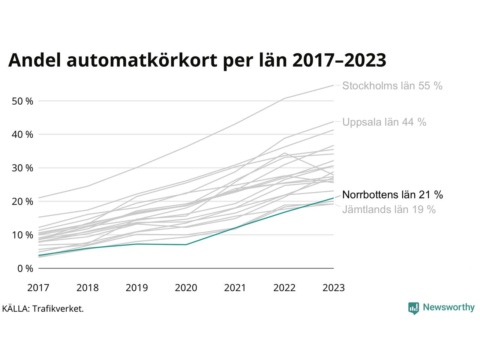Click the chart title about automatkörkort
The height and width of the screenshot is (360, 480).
coord(197,60)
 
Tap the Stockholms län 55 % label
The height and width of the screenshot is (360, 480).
coord(392,86)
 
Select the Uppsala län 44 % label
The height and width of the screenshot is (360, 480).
coord(384,122)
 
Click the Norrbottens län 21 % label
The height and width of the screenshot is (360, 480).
coord(392,195)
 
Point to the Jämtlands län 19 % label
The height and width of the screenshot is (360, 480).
coord(389,209)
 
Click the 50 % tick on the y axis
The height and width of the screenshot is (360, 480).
coord(22,101)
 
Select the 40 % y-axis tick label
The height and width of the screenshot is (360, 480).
coord(22,135)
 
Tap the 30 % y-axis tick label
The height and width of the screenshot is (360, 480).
coord(22,168)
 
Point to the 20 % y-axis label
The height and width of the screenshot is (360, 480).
coord(22,202)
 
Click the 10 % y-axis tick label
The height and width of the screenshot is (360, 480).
coord(22,235)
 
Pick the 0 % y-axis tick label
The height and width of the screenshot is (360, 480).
coord(25,269)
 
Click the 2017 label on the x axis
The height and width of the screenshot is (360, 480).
coord(38,288)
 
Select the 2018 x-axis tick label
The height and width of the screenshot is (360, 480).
coord(87,288)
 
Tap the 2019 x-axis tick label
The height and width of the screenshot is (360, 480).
coord(136,288)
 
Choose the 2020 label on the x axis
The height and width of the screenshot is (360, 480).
coord(186,288)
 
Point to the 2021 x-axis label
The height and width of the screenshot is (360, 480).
coord(235,288)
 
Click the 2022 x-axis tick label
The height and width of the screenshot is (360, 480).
coord(284,288)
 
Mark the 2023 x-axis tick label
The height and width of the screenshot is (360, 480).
coord(333,288)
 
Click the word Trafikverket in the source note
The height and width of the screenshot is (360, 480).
coord(57,309)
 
